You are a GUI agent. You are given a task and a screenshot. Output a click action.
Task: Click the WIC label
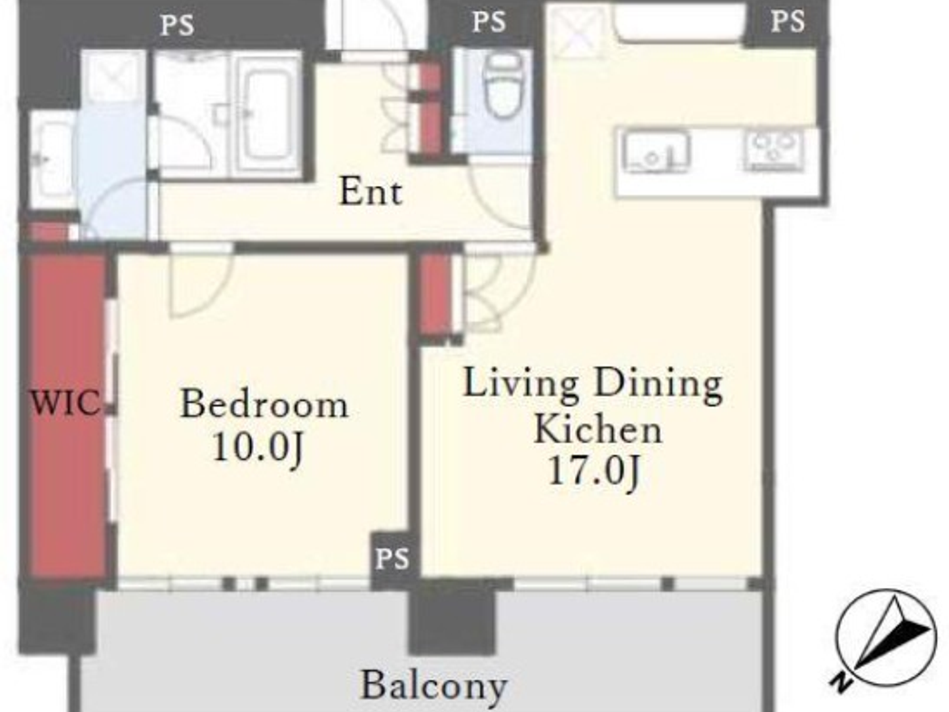click(64, 403)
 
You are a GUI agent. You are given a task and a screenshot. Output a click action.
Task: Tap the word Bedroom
click(264, 404)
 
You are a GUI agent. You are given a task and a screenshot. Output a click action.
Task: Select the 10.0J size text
click(258, 448)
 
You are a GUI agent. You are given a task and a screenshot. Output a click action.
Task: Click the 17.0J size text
click(594, 471)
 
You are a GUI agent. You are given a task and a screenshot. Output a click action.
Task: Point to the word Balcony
click(434, 685)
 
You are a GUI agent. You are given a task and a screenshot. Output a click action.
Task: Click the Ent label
click(370, 191)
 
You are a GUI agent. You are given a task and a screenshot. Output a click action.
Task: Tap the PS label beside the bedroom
click(392, 559)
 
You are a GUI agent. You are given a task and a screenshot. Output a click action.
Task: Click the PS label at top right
click(788, 21)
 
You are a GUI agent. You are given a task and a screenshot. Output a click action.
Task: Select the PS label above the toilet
click(489, 22)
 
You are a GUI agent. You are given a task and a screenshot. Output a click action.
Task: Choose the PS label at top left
click(177, 25)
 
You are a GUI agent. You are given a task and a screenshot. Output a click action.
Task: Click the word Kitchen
click(597, 429)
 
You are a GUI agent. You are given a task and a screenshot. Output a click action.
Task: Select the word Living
click(520, 383)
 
